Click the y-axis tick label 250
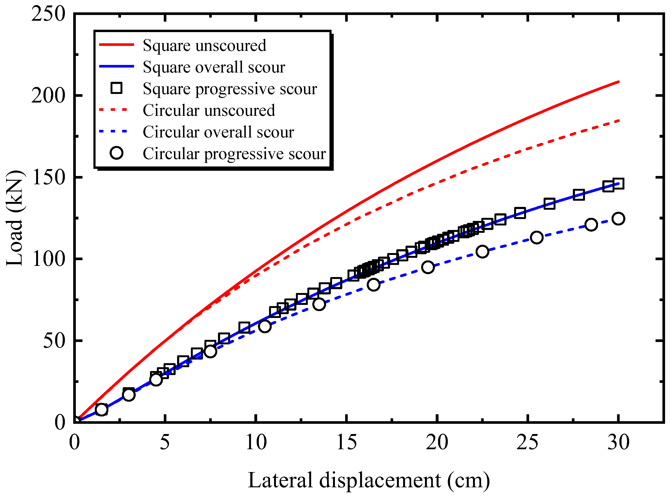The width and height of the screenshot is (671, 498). pyautogui.click(x=48, y=14)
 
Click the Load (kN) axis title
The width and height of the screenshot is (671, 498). pyautogui.click(x=14, y=218)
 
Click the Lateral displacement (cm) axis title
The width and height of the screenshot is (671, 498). pyautogui.click(x=369, y=480)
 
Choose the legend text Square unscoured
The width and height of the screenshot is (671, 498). pyautogui.click(x=204, y=45)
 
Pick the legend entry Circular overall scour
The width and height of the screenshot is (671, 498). pyautogui.click(x=218, y=132)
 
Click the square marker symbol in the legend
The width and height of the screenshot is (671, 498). pyautogui.click(x=116, y=88)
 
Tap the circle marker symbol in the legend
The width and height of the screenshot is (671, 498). pyautogui.click(x=116, y=153)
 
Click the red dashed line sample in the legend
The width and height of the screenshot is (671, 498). pyautogui.click(x=114, y=110)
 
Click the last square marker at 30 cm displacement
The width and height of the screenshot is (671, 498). pyautogui.click(x=618, y=184)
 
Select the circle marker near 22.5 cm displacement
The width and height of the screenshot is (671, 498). pyautogui.click(x=482, y=251)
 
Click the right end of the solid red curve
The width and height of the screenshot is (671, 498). pyautogui.click(x=618, y=82)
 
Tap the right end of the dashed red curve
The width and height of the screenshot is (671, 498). pyautogui.click(x=618, y=121)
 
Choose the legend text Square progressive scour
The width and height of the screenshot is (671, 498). pyautogui.click(x=230, y=89)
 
